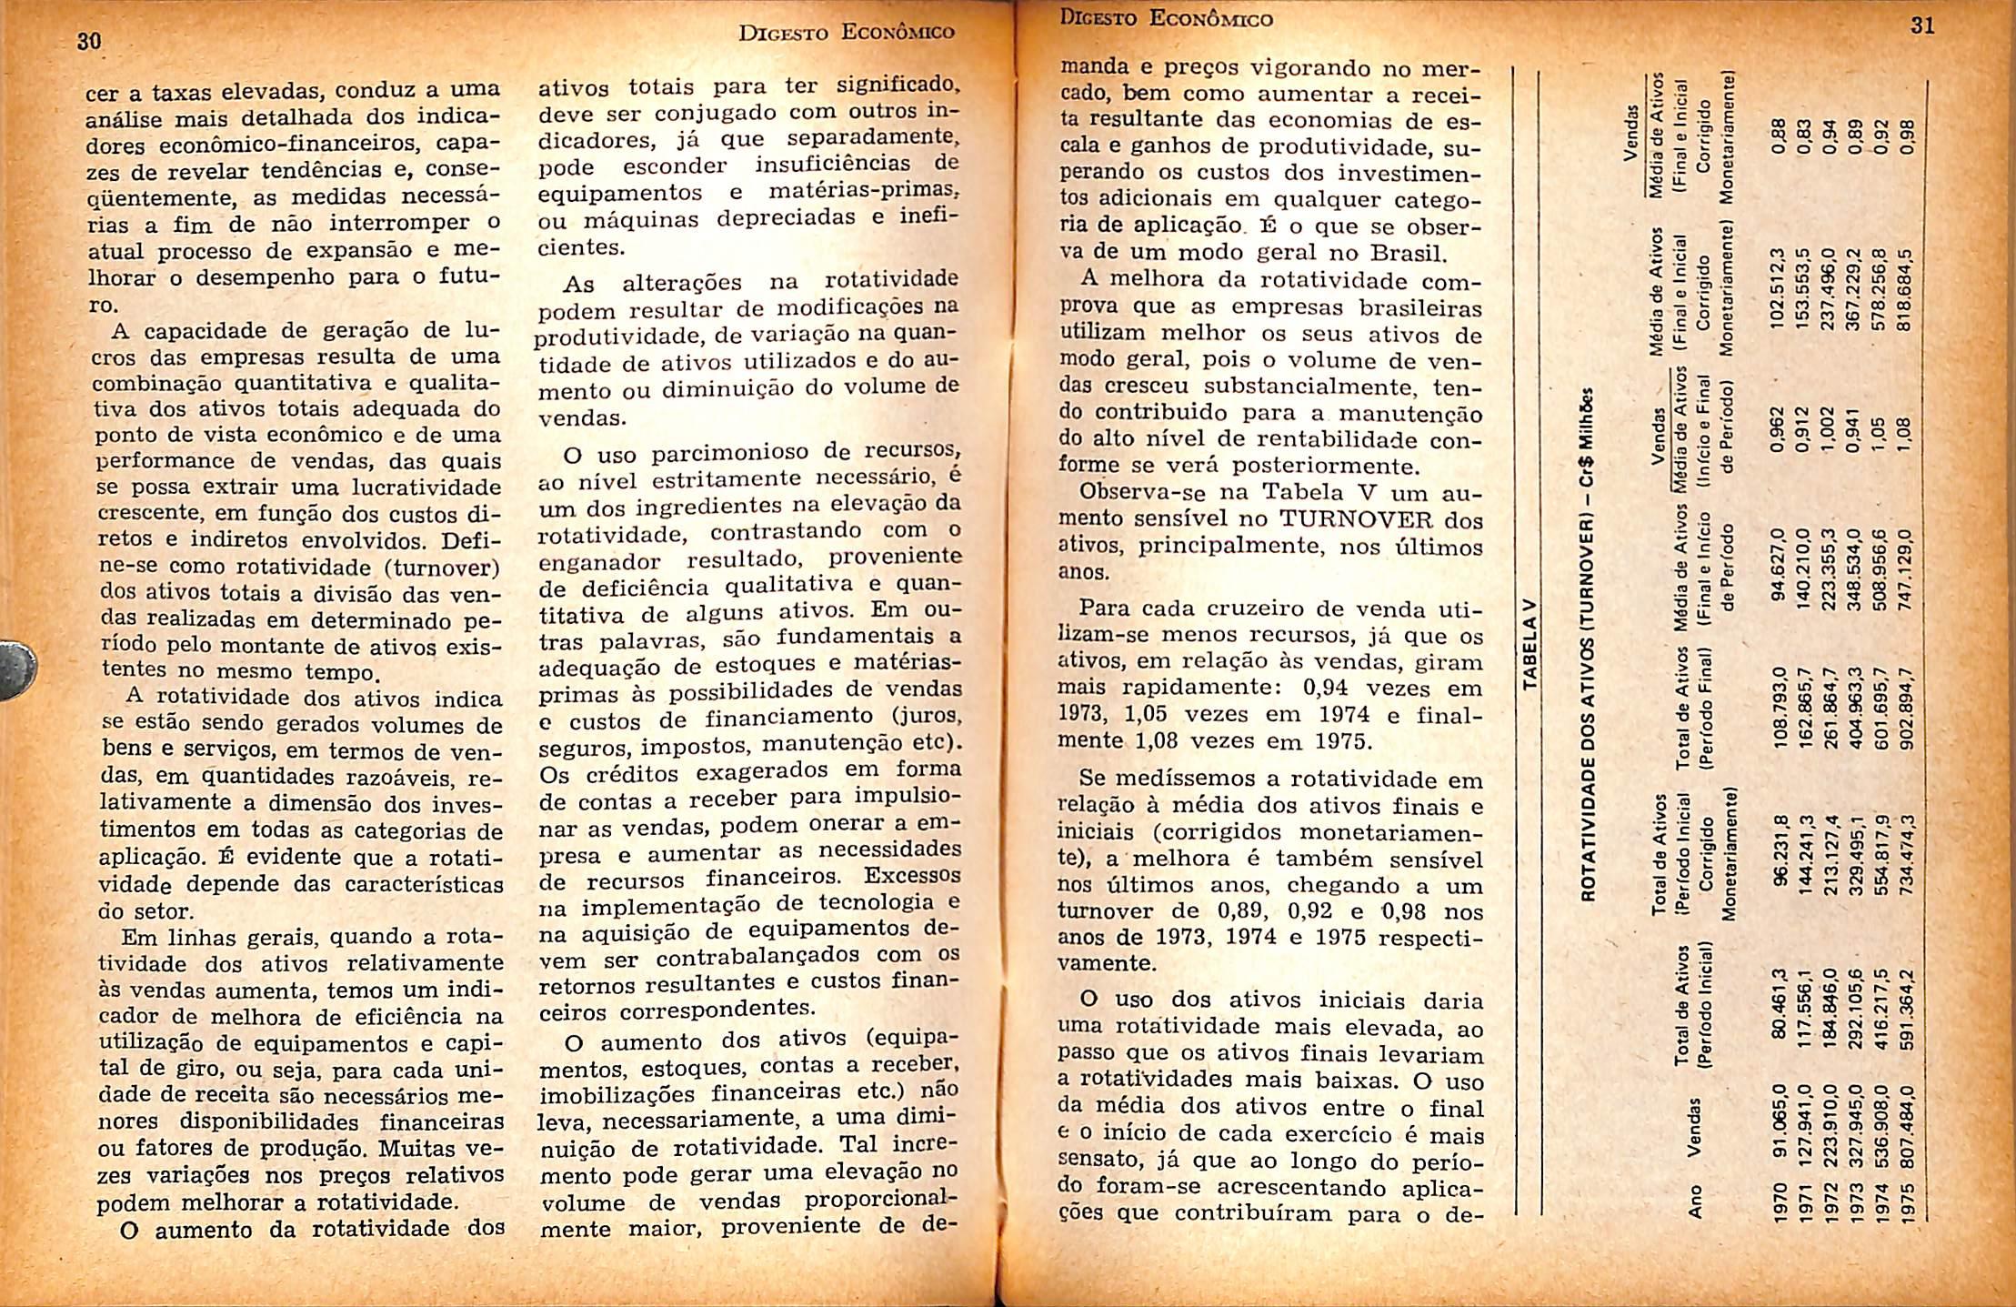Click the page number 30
coord(87,42)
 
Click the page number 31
coord(1922,25)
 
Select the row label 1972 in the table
coord(1830,1202)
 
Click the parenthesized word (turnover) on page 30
coord(441,568)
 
